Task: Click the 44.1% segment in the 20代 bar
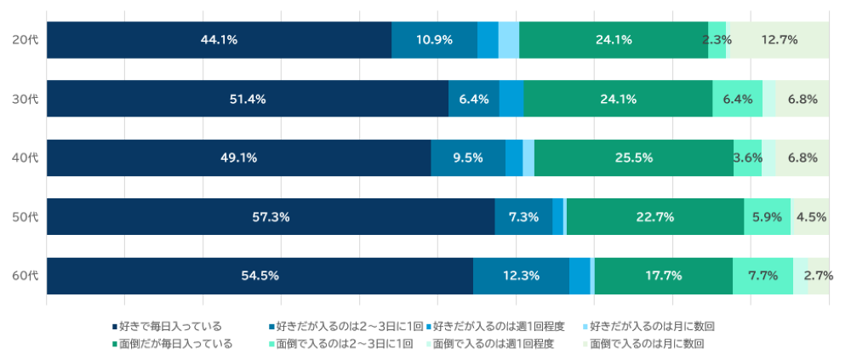[x=219, y=40]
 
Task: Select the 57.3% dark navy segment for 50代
[x=271, y=217]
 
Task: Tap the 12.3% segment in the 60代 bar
[x=521, y=276]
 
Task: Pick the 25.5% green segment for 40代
[x=634, y=157]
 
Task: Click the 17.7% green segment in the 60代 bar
[x=663, y=276]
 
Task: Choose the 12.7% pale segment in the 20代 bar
[x=780, y=40]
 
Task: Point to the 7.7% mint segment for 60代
[x=762, y=276]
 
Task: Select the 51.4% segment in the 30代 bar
[x=248, y=99]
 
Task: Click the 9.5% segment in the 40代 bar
[x=468, y=157]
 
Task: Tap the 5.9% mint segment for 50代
[x=767, y=217]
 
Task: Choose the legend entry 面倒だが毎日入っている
[x=175, y=344]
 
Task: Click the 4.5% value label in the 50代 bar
[x=811, y=217]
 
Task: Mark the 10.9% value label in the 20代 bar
[x=434, y=40]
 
